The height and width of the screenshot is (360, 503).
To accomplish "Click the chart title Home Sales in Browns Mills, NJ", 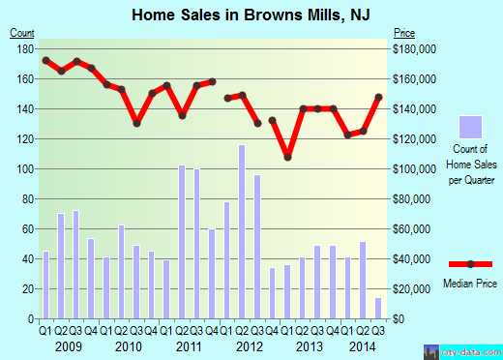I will [251, 14].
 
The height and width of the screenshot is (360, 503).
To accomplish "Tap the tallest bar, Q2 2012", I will [242, 231].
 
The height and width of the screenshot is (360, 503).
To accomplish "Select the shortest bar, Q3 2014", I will [377, 308].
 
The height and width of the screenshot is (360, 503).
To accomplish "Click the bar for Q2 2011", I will [182, 242].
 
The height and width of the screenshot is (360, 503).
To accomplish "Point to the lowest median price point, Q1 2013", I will [287, 157].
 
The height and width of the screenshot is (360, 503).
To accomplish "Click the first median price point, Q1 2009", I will [45, 60].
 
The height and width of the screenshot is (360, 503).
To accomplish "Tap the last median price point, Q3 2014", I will [378, 97].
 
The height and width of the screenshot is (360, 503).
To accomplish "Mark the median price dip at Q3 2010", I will [136, 123].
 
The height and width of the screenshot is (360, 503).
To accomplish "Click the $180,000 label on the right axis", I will [411, 48].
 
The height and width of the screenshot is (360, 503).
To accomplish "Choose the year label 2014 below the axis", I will [363, 345].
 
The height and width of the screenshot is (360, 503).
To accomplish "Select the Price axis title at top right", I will [402, 32].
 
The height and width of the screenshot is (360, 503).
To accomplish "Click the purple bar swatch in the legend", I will [470, 127].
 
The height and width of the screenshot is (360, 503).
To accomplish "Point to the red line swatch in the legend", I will [470, 264].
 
